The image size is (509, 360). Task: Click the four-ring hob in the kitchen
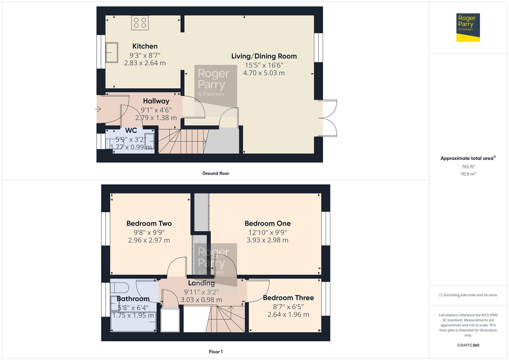pyautogui.click(x=140, y=23)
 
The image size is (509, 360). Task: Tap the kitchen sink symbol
pyautogui.click(x=112, y=52)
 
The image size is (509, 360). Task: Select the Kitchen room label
pyautogui.click(x=145, y=46)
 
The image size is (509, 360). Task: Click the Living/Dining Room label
pyautogui.click(x=264, y=56)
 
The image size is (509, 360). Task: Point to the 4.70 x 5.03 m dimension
pyautogui.click(x=264, y=73)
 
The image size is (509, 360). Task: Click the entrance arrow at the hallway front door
pyautogui.click(x=98, y=109)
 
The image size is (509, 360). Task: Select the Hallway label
pyautogui.click(x=156, y=101)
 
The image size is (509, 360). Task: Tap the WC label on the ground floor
pyautogui.click(x=131, y=131)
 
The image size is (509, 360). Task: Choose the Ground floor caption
pyautogui.click(x=216, y=173)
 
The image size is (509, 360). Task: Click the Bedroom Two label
pyautogui.click(x=149, y=224)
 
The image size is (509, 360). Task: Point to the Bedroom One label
pyautogui.click(x=267, y=224)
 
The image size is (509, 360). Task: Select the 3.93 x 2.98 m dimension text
pyautogui.click(x=267, y=240)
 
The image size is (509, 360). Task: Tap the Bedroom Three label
pyautogui.click(x=288, y=298)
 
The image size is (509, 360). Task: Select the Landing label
pyautogui.click(x=201, y=283)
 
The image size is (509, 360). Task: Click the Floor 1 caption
pyautogui.click(x=216, y=352)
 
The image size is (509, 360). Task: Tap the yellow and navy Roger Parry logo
pyautogui.click(x=468, y=28)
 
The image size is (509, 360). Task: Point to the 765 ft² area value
pyautogui.click(x=468, y=167)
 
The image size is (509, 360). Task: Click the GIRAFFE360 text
pyautogui.click(x=468, y=345)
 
